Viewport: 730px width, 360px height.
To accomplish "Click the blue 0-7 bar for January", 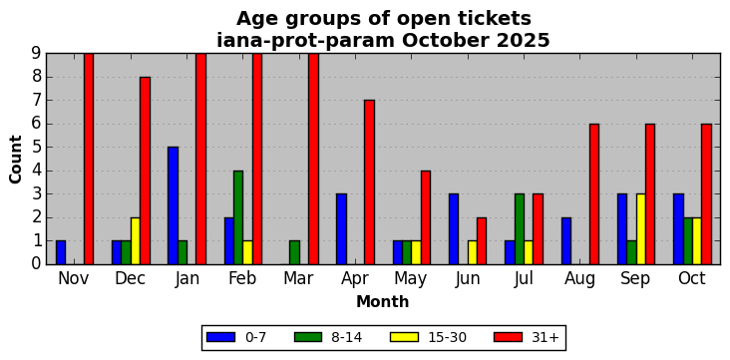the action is click(174, 205).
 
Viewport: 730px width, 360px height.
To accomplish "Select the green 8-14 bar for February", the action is click(238, 217).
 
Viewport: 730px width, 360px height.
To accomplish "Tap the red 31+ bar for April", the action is click(370, 182).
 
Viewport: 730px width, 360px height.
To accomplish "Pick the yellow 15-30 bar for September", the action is click(641, 229).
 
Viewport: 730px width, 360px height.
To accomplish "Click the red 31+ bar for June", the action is click(482, 240).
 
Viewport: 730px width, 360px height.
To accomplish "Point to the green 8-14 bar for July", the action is click(520, 229).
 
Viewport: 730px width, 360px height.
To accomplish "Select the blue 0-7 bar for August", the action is click(566, 240).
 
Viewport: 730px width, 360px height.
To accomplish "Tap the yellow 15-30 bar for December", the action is click(136, 240).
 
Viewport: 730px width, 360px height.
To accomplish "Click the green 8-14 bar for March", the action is click(295, 252).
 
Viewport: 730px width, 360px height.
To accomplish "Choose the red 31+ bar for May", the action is click(426, 217).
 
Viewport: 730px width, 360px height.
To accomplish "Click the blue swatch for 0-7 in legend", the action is click(220, 337).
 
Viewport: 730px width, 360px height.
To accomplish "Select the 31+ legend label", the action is click(545, 338).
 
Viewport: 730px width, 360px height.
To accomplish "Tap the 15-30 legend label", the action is click(448, 338).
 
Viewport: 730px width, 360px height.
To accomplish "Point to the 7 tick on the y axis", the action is click(37, 100).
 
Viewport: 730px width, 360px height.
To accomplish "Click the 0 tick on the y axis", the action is click(37, 264).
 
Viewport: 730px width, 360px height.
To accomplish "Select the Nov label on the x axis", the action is click(74, 278).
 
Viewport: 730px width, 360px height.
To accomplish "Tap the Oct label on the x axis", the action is click(692, 278).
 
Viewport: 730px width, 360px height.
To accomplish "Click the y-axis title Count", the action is click(15, 160).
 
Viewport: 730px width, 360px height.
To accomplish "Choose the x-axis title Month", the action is click(383, 302).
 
